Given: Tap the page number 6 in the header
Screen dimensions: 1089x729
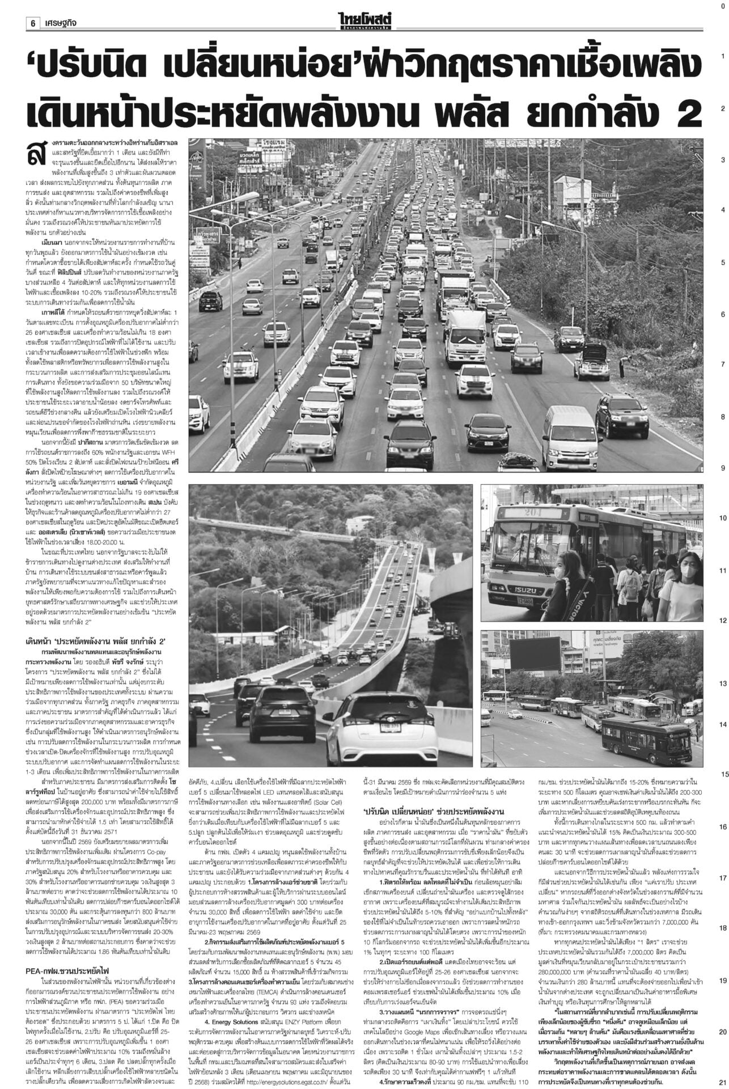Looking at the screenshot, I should [x=33, y=23].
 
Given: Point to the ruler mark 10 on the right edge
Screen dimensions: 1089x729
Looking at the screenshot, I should [x=722, y=518].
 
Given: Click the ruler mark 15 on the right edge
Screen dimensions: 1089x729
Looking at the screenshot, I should [x=723, y=774].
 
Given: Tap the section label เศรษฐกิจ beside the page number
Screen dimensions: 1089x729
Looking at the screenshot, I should [x=61, y=23].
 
